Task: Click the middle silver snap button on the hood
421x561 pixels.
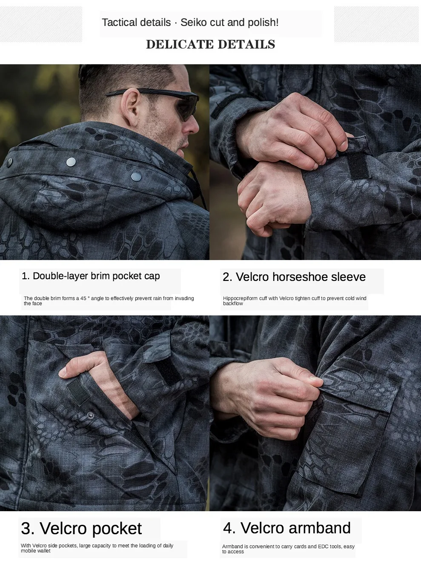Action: coord(71,161)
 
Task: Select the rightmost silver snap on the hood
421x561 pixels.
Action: coord(136,176)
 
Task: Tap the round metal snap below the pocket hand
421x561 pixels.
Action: coord(90,415)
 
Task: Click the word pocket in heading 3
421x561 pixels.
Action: coord(117,529)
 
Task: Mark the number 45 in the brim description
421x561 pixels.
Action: coord(83,298)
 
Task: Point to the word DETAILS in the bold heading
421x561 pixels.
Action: coord(246,44)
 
